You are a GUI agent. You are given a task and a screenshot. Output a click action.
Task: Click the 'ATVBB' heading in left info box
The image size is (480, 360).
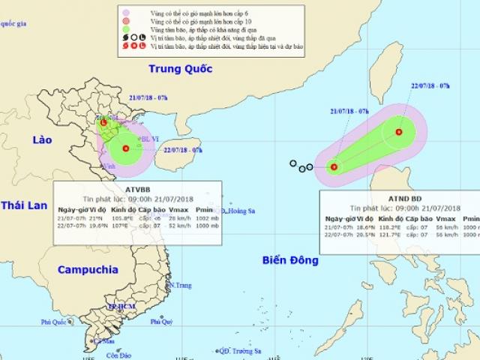138,187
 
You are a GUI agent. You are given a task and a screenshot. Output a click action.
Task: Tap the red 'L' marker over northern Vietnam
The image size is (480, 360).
103,122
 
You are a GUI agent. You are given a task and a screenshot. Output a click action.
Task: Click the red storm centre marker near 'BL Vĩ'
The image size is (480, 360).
125,148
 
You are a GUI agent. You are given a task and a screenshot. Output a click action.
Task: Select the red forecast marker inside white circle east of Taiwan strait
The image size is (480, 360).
398,133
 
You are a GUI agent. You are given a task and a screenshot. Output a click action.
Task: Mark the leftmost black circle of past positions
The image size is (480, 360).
293,163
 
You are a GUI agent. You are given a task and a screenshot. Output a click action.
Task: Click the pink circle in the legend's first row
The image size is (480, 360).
136,10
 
